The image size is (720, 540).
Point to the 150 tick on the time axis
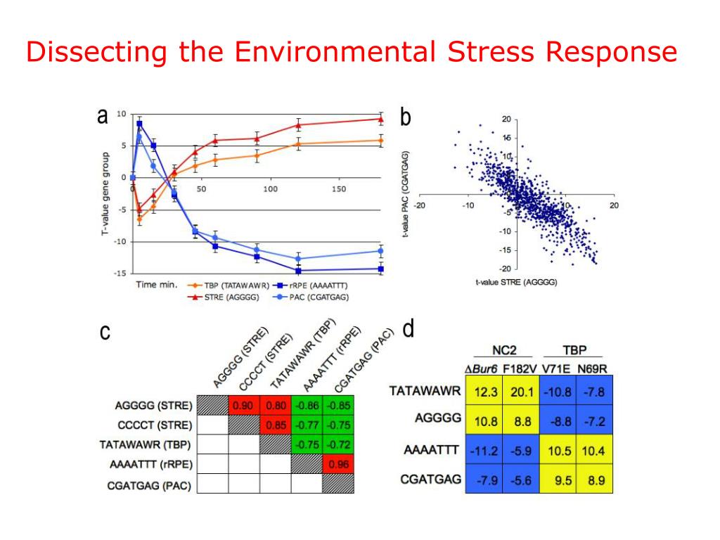point(339,188)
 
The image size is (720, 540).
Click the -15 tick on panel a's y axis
point(121,273)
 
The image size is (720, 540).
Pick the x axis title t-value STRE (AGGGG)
point(517,282)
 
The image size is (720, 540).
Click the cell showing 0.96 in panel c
point(337,464)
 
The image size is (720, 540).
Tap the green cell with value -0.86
point(307,406)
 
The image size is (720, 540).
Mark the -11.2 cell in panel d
point(484,449)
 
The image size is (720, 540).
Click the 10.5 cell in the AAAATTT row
point(559,449)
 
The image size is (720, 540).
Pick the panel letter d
point(408,329)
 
